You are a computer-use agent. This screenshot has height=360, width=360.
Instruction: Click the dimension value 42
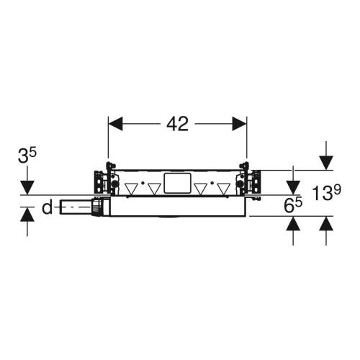tap(177, 125)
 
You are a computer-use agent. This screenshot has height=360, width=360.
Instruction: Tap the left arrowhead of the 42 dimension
tap(114, 125)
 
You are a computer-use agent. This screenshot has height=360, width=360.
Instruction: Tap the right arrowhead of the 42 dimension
tap(240, 125)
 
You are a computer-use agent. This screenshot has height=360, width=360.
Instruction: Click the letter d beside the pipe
tap(47, 209)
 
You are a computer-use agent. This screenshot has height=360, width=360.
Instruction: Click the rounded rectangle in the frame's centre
tap(177, 184)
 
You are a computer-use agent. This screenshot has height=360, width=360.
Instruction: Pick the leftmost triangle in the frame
tap(132, 189)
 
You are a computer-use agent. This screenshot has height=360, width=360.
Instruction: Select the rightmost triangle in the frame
tap(225, 189)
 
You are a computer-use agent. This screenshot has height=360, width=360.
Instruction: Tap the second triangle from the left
tap(153, 189)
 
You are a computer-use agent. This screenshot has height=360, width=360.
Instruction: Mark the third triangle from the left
tap(202, 189)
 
